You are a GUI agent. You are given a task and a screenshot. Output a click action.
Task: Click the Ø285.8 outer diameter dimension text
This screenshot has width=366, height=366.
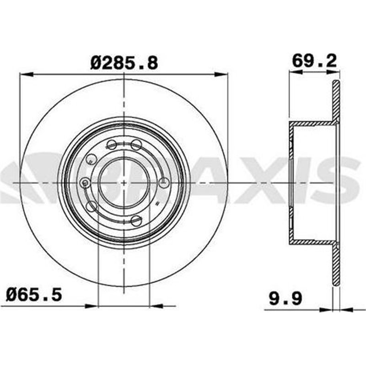click(x=124, y=63)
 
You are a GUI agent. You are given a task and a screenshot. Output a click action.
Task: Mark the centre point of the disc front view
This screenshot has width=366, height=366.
click(x=124, y=183)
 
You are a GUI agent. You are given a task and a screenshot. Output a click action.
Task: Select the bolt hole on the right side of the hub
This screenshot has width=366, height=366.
click(x=163, y=183)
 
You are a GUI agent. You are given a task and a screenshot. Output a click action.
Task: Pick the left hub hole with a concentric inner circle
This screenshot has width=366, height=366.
click(x=85, y=183)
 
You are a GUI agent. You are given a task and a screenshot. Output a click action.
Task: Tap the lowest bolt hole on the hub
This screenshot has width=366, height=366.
click(x=136, y=221)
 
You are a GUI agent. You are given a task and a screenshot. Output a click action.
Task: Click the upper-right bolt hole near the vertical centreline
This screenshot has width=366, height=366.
click(x=136, y=145)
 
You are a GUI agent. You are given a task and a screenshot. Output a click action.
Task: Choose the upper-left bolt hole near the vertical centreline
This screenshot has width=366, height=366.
click(x=112, y=145)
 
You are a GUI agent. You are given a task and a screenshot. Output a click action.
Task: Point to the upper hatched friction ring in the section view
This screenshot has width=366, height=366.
click(x=336, y=103)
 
